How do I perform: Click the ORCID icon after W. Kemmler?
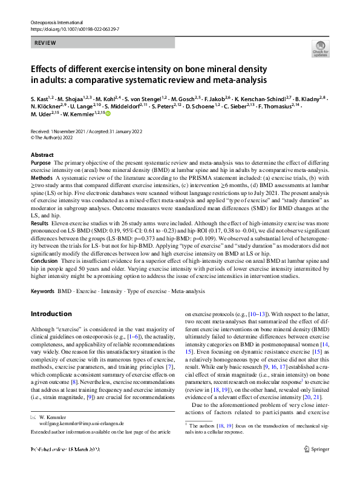[108, 113]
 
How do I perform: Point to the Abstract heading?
[42, 155]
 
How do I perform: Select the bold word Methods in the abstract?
[42, 179]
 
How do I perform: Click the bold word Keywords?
[43, 292]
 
